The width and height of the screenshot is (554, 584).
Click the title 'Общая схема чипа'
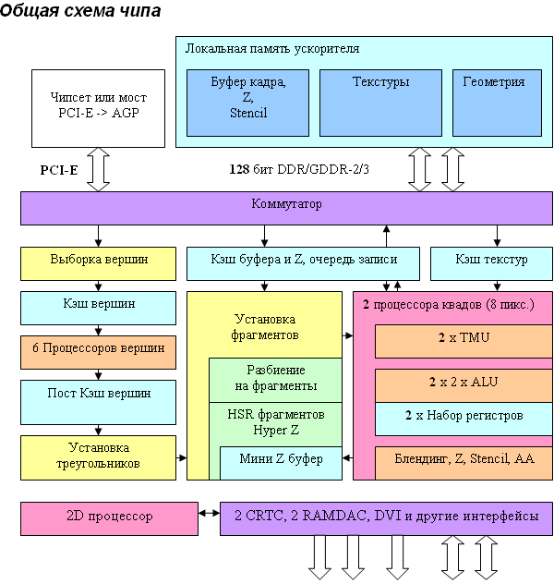tap(80, 12)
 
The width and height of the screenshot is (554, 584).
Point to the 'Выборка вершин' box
tap(99, 262)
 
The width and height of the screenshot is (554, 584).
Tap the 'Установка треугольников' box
tap(99, 456)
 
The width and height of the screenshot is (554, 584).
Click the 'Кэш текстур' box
tap(491, 262)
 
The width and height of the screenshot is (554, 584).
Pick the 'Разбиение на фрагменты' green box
tap(274, 379)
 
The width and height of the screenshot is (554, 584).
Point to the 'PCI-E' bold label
tap(58, 171)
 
